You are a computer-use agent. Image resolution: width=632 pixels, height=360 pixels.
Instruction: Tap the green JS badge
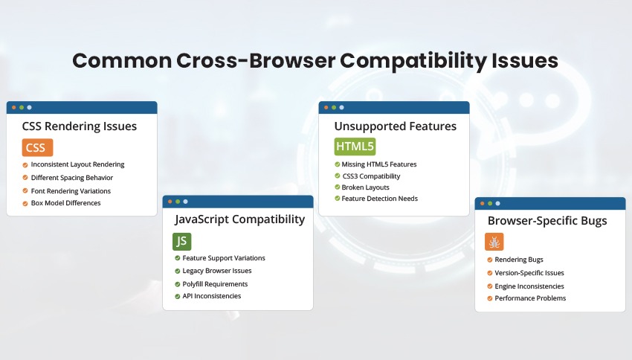pyautogui.click(x=181, y=241)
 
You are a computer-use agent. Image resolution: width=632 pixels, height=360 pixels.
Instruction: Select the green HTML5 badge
pyautogui.click(x=353, y=146)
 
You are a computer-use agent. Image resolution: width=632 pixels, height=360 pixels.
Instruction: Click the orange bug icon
pyautogui.click(x=494, y=242)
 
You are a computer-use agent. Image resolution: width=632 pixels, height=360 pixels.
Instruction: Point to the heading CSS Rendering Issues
pyautogui.click(x=80, y=126)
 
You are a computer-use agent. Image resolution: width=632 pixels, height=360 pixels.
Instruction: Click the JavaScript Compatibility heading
pyautogui.click(x=239, y=219)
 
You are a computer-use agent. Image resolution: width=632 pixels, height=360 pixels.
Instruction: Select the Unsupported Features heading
pyautogui.click(x=396, y=126)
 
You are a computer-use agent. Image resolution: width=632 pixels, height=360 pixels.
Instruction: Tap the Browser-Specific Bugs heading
pyautogui.click(x=547, y=221)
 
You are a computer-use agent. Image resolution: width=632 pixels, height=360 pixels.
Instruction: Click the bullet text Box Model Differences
pyautogui.click(x=65, y=203)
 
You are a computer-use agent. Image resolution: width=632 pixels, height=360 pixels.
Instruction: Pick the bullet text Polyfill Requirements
pyautogui.click(x=215, y=283)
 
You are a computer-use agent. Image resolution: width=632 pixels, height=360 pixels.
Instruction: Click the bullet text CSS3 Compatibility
pyautogui.click(x=371, y=176)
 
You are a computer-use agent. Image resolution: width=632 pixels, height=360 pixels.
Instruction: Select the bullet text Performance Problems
pyautogui.click(x=530, y=298)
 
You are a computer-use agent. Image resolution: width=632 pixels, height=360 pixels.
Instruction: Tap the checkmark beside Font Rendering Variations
pyautogui.click(x=25, y=191)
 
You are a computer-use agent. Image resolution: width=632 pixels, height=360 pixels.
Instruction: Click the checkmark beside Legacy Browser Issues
pyautogui.click(x=176, y=271)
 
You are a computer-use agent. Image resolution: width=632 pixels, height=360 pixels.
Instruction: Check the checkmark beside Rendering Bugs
pyautogui.click(x=488, y=260)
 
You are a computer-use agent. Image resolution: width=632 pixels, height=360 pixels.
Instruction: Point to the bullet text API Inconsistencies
pyautogui.click(x=212, y=296)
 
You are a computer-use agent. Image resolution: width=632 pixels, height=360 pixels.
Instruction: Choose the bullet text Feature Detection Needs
pyautogui.click(x=379, y=199)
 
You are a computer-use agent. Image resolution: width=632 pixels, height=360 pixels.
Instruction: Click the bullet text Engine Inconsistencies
pyautogui.click(x=529, y=286)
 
